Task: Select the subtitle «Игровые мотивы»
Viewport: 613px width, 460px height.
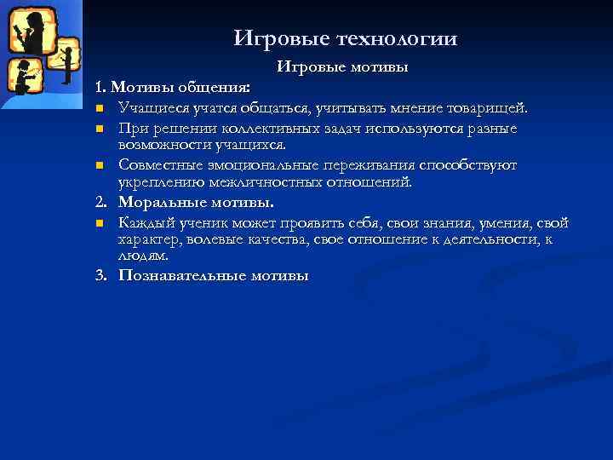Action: (342, 66)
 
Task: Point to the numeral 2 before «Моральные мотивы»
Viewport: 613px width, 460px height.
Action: (100, 203)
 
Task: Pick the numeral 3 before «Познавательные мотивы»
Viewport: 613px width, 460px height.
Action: (100, 275)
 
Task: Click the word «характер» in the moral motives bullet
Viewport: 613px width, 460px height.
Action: (146, 239)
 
